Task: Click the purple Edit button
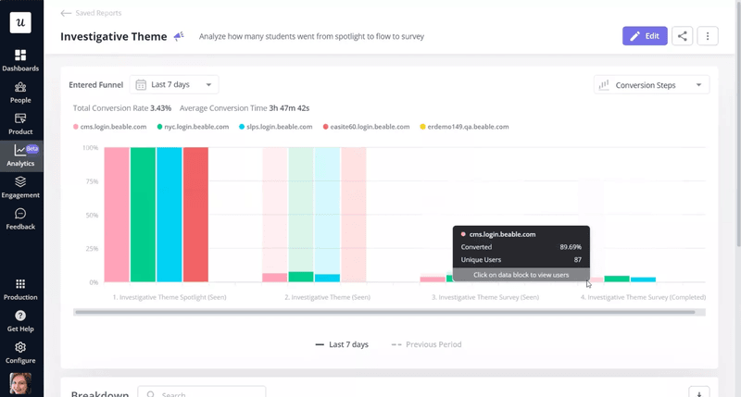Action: (x=644, y=36)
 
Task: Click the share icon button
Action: (x=682, y=36)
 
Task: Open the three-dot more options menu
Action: (x=708, y=36)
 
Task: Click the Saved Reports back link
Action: (x=91, y=13)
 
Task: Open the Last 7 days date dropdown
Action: (x=174, y=85)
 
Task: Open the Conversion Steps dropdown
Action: (x=651, y=85)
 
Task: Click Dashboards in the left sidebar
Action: (x=20, y=61)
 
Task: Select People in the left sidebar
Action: (x=20, y=93)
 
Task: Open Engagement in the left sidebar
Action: (x=20, y=187)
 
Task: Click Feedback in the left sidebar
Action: (x=20, y=219)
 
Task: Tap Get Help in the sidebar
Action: (x=20, y=321)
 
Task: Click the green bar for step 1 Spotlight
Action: (x=143, y=215)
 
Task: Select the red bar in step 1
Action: (x=195, y=215)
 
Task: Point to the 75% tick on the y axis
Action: (x=91, y=182)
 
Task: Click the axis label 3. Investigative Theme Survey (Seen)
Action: (x=485, y=298)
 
